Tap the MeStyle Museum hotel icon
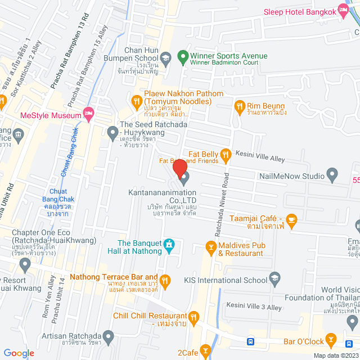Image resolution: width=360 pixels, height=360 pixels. point(88,114)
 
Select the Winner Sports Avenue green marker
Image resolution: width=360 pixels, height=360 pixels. point(182,57)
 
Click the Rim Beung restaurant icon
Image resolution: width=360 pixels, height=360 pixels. point(240,105)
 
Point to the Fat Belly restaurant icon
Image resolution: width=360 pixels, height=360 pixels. point(225,154)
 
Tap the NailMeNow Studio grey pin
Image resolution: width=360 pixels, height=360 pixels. point(332,175)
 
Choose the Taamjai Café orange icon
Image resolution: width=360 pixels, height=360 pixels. point(291,218)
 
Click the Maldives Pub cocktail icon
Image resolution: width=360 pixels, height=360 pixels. point(211,246)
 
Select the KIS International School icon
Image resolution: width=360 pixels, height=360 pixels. point(274,277)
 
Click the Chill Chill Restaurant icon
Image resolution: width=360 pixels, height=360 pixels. point(193,317)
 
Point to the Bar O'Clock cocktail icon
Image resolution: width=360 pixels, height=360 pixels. point(332,340)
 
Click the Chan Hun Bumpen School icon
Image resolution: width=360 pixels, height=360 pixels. point(166,57)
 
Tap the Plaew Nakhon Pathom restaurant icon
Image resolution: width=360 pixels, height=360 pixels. point(136,101)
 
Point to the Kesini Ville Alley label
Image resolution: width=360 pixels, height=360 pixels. point(260,159)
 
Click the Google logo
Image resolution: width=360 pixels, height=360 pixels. point(19,353)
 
